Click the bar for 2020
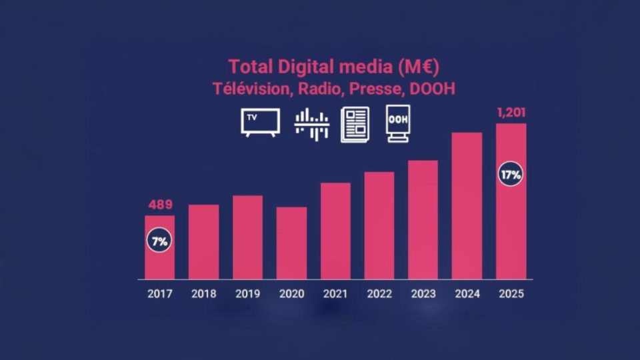[291, 243]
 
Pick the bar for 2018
[203, 241]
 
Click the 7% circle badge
[159, 241]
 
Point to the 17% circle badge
[511, 175]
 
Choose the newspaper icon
[355, 124]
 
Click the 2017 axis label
[159, 293]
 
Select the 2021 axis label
[335, 293]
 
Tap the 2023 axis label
[423, 293]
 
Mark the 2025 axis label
[511, 293]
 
